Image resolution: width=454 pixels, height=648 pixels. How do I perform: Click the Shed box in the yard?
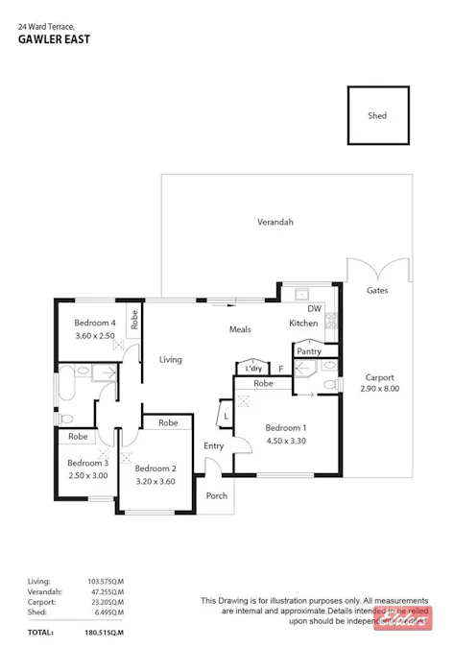[377, 116]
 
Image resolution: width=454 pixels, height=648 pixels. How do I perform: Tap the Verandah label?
[275, 222]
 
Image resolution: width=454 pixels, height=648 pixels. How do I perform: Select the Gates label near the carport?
[377, 290]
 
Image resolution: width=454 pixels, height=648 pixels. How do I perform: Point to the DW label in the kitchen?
[314, 308]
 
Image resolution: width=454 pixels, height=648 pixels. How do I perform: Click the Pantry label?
[309, 351]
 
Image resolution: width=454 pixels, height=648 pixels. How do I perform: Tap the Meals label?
[240, 329]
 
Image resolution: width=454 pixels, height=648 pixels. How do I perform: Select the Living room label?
[171, 359]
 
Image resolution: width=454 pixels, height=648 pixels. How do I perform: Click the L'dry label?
[253, 368]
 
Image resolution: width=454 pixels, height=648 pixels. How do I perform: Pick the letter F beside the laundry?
[280, 368]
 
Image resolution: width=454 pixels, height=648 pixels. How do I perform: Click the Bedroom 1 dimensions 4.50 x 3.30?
[286, 441]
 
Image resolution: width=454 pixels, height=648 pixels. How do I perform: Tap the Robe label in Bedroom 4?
[134, 320]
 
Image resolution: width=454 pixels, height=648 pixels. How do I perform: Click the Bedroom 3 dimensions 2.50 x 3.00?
[87, 475]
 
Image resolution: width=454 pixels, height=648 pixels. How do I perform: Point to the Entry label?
[213, 445]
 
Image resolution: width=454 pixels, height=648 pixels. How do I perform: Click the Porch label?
[217, 495]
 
